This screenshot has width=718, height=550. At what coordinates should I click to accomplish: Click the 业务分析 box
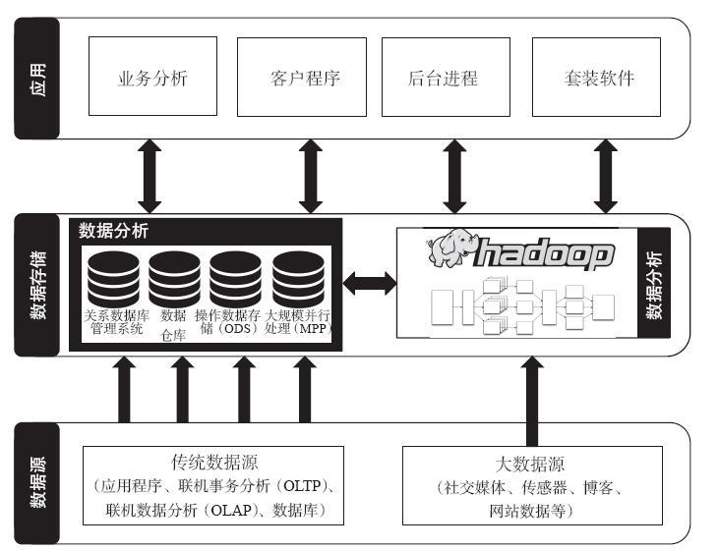[152, 78]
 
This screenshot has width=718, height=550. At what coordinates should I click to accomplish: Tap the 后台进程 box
[446, 78]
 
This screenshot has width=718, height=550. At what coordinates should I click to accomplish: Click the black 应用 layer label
[37, 78]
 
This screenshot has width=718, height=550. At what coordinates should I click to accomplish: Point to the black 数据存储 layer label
[37, 285]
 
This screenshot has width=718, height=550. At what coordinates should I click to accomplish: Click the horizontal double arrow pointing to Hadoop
[369, 284]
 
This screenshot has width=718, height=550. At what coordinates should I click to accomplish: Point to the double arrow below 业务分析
[150, 176]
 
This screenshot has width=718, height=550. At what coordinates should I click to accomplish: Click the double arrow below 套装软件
[607, 176]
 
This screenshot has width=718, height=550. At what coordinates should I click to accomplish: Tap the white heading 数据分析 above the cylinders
[114, 231]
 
